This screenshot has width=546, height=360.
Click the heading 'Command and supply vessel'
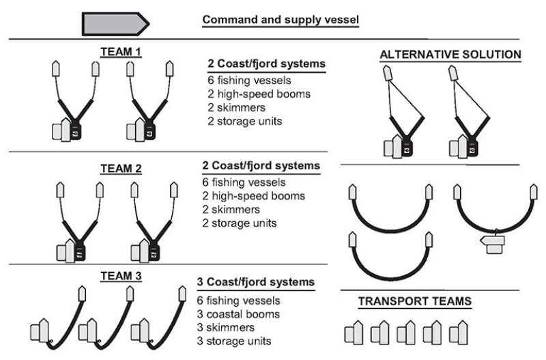[281, 20]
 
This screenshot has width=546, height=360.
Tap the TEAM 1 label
[120, 52]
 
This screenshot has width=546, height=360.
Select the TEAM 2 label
[120, 167]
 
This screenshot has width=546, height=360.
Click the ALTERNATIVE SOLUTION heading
[451, 55]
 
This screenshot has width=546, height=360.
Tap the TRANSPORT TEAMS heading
[415, 301]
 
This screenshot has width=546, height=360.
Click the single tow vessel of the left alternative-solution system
[386, 72]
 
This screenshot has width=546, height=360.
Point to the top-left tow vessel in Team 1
[57, 69]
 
